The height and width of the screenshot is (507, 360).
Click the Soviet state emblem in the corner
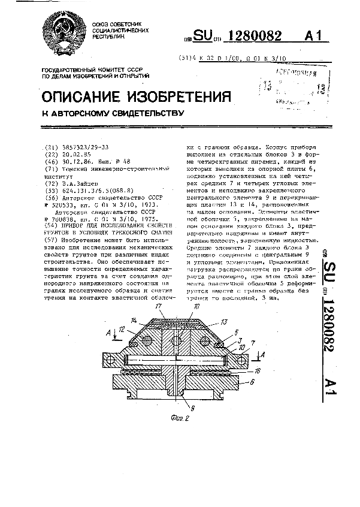click(x=61, y=31)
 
